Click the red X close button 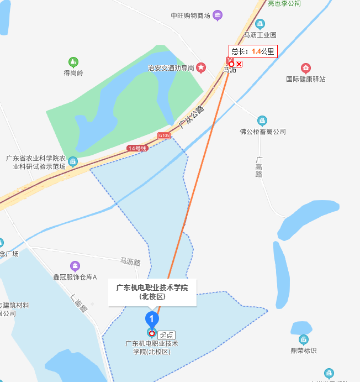click(x=239, y=64)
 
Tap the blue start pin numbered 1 click(x=151, y=319)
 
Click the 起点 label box click(x=166, y=334)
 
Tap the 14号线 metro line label click(x=137, y=148)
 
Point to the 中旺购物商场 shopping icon click(x=218, y=15)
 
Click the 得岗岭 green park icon click(x=73, y=61)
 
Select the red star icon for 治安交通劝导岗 click(x=202, y=67)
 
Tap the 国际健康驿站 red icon click(x=305, y=68)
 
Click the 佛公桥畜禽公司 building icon click(x=262, y=121)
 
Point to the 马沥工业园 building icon click(x=260, y=23)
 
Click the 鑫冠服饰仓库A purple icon click(x=75, y=266)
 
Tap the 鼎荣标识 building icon click(x=303, y=339)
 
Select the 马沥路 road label click(x=130, y=260)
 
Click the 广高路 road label click(x=258, y=166)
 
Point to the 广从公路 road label click(x=192, y=118)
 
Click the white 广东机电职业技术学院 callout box click(x=152, y=291)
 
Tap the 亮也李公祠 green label click(x=284, y=3)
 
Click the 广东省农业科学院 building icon click(x=73, y=161)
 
